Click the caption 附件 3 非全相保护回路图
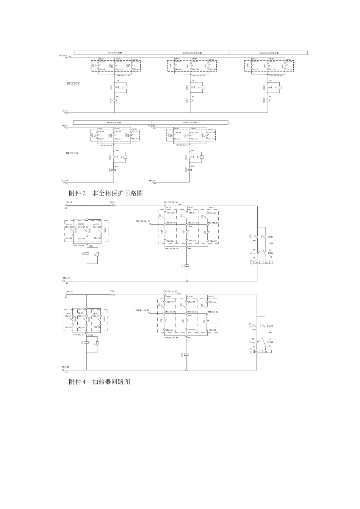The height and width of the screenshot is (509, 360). pyautogui.click(x=106, y=193)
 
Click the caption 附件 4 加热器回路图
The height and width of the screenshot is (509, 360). pyautogui.click(x=99, y=382)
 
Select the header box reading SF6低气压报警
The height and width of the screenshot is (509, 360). pyautogui.click(x=113, y=53)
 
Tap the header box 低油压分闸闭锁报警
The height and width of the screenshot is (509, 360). pyautogui.click(x=191, y=53)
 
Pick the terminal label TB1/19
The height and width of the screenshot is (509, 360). pyautogui.click(x=69, y=292)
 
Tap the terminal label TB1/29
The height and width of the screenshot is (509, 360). pyautogui.click(x=66, y=367)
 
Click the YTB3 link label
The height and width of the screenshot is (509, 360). pyautogui.click(x=113, y=203)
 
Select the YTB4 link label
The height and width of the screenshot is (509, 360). pyautogui.click(x=112, y=292)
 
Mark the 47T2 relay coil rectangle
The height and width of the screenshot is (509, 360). pyautogui.click(x=186, y=355)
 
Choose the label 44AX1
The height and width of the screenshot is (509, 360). pyautogui.click(x=270, y=237)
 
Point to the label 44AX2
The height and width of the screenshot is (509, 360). pyautogui.click(x=270, y=326)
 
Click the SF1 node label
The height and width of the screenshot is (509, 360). pyautogui.click(x=191, y=226)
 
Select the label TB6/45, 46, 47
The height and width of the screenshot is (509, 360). pyautogui.click(x=143, y=221)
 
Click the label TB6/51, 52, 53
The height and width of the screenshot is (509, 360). pyautogui.click(x=142, y=310)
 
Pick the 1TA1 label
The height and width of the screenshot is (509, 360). pyautogui.click(x=91, y=246)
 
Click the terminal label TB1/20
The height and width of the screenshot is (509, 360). pyautogui.click(x=152, y=126)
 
